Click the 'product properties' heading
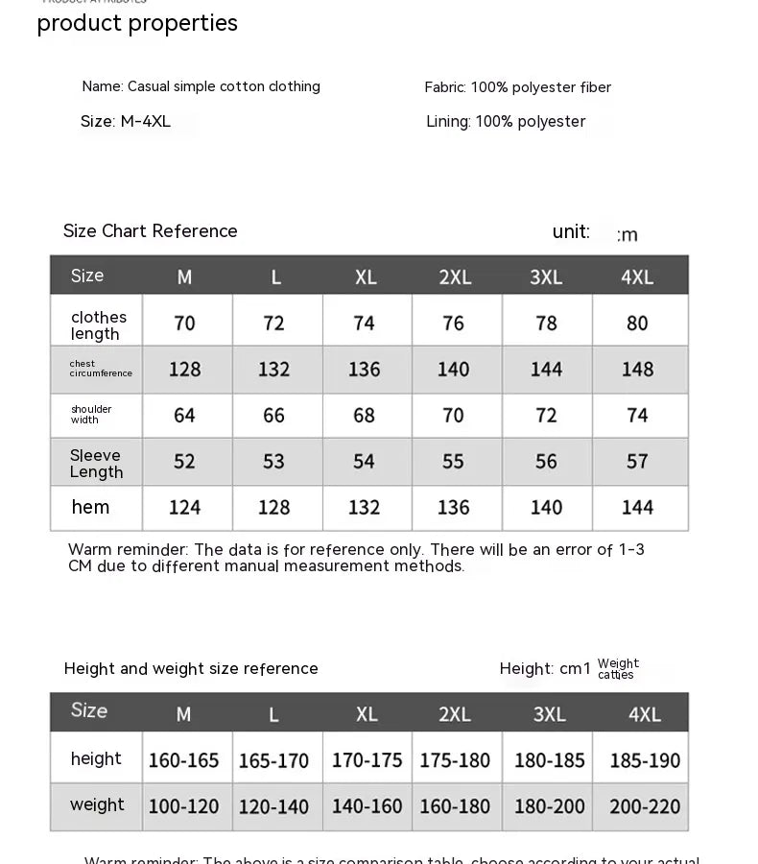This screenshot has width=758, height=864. coord(137,23)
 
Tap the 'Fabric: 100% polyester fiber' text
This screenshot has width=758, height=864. coord(517,87)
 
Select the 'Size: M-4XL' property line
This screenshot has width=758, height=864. coord(126,122)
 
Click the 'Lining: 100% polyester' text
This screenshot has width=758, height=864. coord(506,122)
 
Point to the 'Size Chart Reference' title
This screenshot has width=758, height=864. coord(151,231)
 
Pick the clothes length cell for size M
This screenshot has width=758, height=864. coord(185,324)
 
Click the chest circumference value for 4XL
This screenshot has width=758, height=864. coord(637,370)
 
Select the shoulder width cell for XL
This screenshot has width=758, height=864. coord(364,416)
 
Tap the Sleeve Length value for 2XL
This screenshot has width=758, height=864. coord(454,462)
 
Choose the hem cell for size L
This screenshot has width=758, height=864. coord(274,508)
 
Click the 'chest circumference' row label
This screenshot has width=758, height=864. coord(101,369)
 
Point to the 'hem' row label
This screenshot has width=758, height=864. coord(91,507)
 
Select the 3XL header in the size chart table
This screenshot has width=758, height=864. coord(547,277)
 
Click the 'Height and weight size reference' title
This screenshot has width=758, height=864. coord(191,669)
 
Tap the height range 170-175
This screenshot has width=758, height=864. coord(367,760)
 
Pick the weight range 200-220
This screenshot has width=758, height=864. coord(645,807)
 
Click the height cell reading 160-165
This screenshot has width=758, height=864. coord(184,760)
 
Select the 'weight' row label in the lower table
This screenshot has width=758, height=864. coord(97,805)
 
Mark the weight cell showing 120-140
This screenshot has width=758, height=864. coord(274,807)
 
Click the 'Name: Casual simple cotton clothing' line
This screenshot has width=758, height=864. coord(201,86)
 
